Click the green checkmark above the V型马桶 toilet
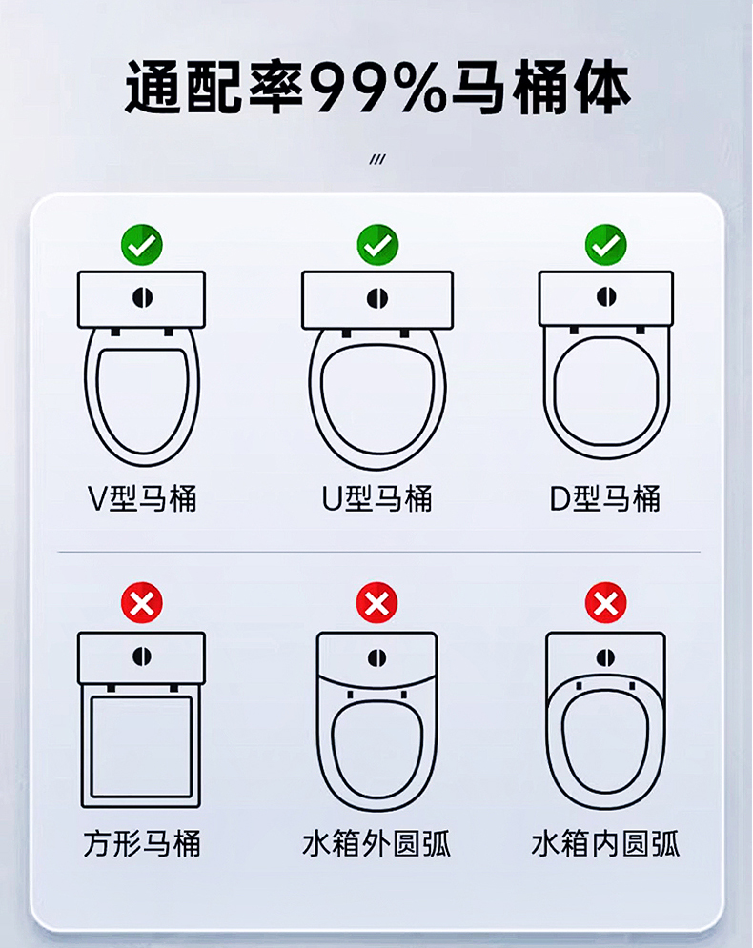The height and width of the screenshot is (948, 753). coord(141,245)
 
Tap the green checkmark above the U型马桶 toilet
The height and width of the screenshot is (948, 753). coord(377,245)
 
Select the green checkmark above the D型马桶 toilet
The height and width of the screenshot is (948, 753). coord(606,245)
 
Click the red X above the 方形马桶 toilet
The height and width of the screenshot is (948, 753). coord(141,603)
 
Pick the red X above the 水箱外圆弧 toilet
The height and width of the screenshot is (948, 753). coord(376,603)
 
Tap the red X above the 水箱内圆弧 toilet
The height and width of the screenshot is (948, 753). coord(606,603)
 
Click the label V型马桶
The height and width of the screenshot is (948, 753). coord(142,499)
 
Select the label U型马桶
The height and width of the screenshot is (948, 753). coord(376,499)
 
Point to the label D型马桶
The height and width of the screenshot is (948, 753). coord(605,499)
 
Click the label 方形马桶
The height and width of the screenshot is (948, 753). coord(142,843)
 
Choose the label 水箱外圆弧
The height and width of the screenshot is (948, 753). coord(376,843)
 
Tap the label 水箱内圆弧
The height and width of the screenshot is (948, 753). coord(605,843)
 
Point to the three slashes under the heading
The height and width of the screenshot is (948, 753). coord(377,160)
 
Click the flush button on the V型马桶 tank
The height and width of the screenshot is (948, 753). coord(142,297)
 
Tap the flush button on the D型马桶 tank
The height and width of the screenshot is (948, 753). coord(606,297)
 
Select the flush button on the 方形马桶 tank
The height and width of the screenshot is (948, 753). coord(142,656)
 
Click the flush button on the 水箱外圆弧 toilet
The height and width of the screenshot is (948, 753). coord(376,657)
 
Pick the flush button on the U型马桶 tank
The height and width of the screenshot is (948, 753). coord(377,298)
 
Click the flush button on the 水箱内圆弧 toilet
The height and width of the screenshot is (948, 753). coord(605,657)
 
